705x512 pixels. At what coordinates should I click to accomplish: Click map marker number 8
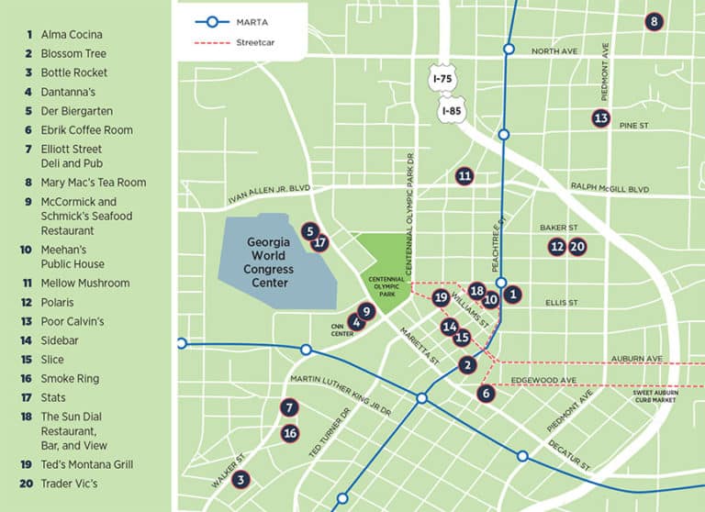654,22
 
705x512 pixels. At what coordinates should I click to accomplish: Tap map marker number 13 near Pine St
600,118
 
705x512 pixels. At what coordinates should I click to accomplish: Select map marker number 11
464,176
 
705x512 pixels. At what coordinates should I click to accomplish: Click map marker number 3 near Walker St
241,479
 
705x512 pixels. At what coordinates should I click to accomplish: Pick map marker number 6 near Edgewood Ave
487,393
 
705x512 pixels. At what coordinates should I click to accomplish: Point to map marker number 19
441,297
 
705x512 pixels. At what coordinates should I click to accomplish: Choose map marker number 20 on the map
577,246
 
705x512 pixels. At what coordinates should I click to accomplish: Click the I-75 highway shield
444,80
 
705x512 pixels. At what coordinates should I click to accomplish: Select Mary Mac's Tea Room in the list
93,183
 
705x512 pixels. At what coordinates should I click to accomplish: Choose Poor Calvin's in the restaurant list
72,321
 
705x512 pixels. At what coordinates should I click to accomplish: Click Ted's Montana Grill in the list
86,464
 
